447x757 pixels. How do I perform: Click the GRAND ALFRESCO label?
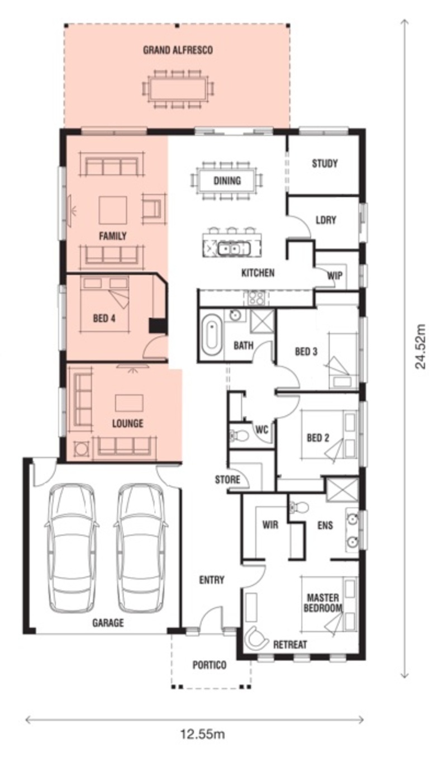[178, 50]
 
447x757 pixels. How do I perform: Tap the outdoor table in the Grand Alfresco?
[178, 89]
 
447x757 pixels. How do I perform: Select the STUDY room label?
[324, 164]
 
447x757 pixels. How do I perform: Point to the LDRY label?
[326, 220]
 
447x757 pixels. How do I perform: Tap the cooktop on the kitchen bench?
[256, 298]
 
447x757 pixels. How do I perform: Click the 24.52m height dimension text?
[420, 347]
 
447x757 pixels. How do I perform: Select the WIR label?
[270, 524]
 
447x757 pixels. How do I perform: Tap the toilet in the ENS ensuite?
[299, 507]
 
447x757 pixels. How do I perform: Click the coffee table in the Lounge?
[129, 403]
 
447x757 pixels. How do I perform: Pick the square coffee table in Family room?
[113, 210]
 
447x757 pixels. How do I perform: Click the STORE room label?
[227, 479]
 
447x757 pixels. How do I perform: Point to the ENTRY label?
[212, 580]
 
